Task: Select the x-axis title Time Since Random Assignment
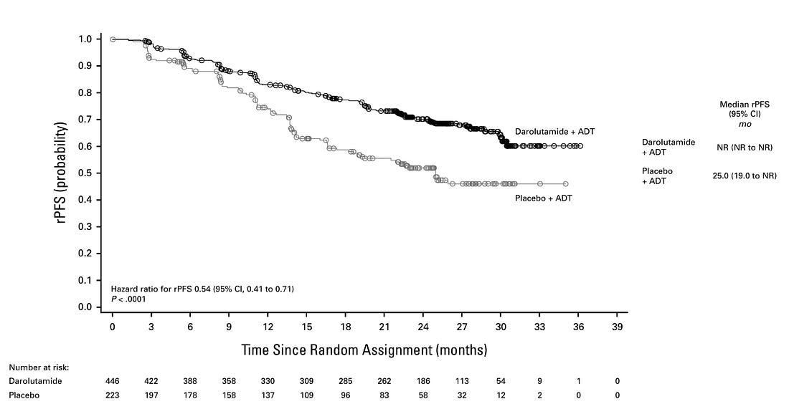tap(364, 350)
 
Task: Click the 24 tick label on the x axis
tap(423, 327)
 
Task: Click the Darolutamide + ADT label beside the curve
tap(554, 132)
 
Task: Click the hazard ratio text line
tap(202, 289)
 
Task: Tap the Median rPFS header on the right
tap(744, 105)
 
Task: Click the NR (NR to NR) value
tap(744, 147)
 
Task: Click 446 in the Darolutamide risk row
tap(113, 381)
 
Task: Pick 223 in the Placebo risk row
tap(113, 395)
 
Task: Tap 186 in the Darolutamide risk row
tap(423, 381)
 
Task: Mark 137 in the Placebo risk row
tap(268, 395)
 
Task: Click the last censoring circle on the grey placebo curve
tap(566, 184)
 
